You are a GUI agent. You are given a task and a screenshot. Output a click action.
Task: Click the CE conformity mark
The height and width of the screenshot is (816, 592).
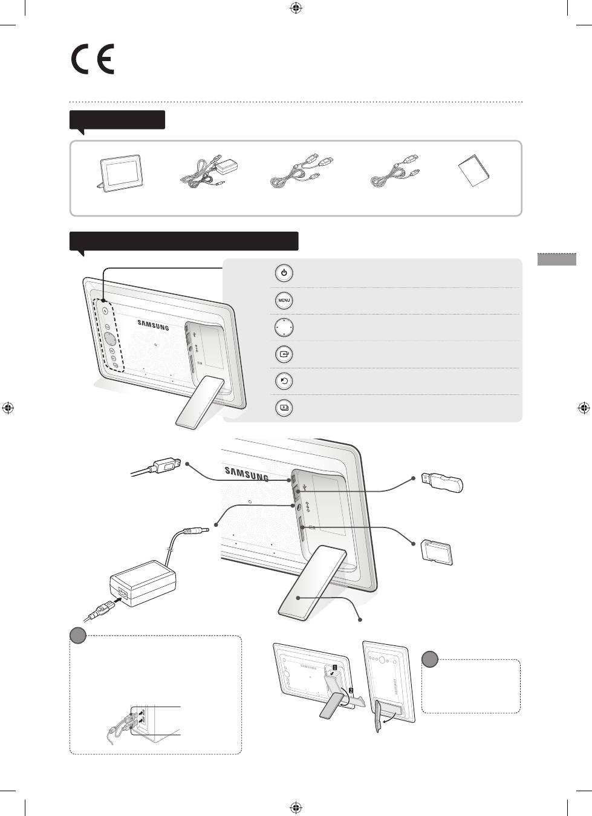93,59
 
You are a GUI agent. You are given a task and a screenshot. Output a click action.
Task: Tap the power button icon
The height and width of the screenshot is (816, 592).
284,273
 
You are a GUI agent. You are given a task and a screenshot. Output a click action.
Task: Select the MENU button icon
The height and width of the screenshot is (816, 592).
284,301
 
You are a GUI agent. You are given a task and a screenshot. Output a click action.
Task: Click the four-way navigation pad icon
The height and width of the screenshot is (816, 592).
284,327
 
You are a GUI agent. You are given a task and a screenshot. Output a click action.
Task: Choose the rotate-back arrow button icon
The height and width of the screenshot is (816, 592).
284,381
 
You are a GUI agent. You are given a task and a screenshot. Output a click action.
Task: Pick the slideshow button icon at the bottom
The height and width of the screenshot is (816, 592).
284,408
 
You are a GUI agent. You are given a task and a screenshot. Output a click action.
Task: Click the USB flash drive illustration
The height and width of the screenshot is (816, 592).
442,482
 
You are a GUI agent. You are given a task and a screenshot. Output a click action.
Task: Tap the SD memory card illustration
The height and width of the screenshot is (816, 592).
437,552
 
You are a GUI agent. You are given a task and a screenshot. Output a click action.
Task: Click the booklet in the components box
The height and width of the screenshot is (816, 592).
473,171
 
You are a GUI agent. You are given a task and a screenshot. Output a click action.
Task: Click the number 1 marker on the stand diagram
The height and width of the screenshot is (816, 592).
334,667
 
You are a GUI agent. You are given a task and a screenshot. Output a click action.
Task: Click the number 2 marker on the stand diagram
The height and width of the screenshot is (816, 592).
351,690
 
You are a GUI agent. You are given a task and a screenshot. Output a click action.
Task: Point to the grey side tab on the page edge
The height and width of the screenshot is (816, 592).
557,259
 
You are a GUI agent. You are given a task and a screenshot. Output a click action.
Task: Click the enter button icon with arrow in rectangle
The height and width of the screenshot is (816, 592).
284,354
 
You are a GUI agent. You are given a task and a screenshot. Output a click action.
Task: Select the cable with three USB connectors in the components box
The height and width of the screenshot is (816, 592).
302,171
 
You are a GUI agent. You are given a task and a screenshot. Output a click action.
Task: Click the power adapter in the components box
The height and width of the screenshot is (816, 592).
209,170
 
